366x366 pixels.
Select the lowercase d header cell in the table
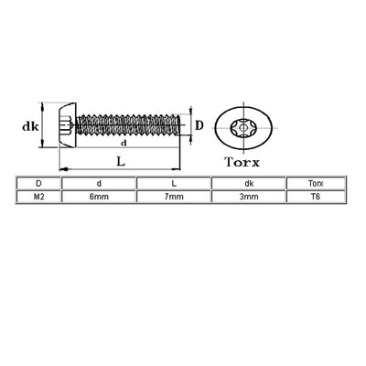(x=96, y=183)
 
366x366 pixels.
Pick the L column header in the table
(x=171, y=183)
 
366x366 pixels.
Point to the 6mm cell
(x=96, y=195)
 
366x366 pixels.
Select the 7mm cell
(x=171, y=195)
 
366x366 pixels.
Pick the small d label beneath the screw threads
(x=122, y=143)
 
